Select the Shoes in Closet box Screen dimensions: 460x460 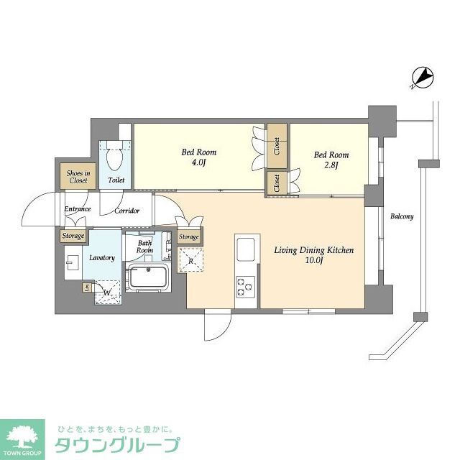click(x=78, y=177)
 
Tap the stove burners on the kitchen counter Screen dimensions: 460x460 click(x=244, y=285)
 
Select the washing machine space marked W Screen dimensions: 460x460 click(x=106, y=292)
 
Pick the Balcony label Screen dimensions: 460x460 click(x=402, y=216)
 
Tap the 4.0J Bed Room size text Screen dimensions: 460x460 click(x=198, y=162)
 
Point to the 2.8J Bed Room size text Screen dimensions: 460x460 click(x=331, y=165)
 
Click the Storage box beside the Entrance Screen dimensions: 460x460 click(x=73, y=236)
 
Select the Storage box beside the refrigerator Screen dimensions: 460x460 click(x=189, y=236)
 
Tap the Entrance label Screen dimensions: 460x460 click(x=77, y=209)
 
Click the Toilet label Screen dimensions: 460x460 click(x=116, y=180)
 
